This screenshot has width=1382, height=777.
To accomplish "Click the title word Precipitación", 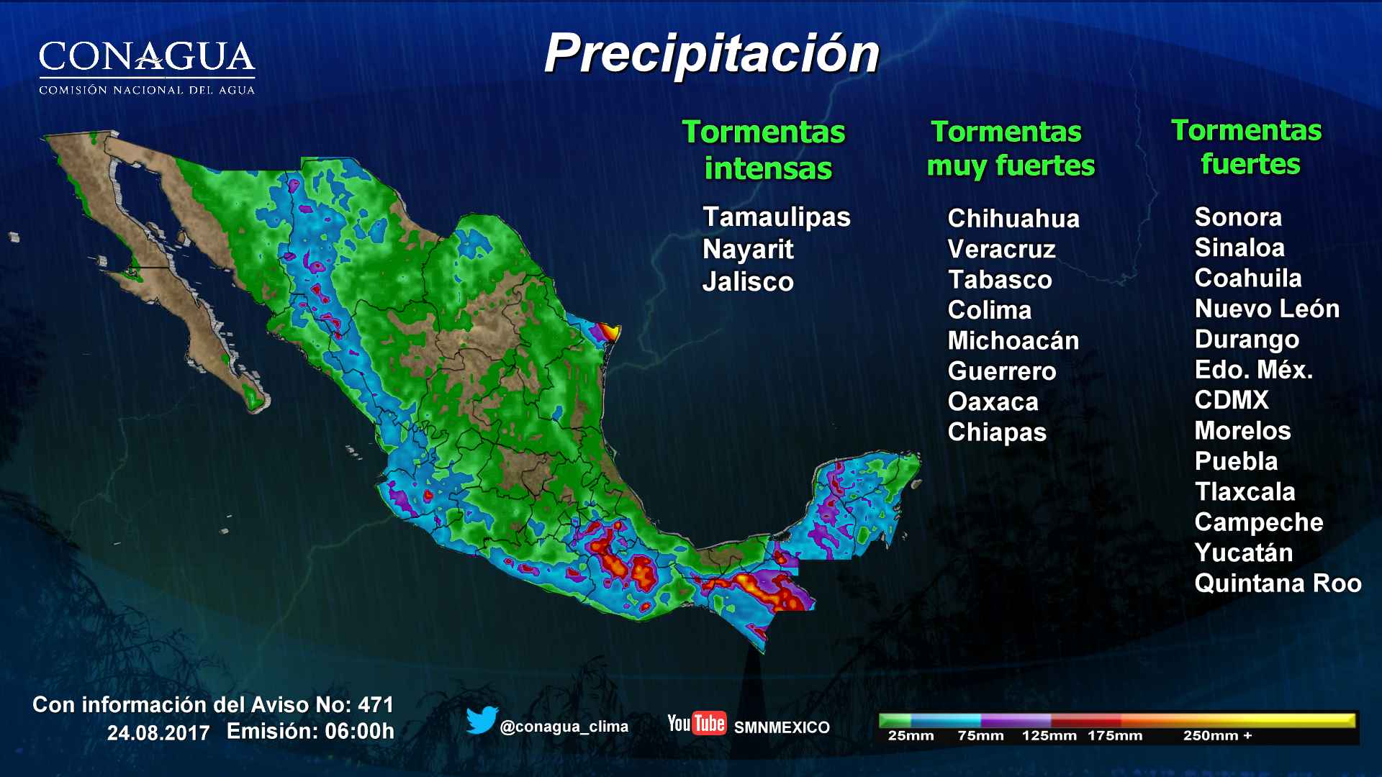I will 711,55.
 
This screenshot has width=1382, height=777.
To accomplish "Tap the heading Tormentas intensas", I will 764,150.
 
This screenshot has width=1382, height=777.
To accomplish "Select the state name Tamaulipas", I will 776,217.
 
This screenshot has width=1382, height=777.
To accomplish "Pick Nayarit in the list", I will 748,249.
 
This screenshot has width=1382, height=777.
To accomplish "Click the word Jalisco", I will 748,281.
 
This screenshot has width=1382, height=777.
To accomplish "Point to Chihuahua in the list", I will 1013,218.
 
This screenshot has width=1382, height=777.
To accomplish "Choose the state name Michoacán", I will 1013,340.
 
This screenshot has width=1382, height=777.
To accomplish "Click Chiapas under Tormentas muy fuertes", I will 997,432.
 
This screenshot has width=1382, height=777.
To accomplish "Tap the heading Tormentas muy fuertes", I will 1009,148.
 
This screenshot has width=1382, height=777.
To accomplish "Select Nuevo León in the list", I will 1267,309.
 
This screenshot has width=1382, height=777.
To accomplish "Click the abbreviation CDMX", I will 1232,400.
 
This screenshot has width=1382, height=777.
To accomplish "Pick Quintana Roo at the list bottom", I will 1278,583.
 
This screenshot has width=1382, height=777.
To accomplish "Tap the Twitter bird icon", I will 482,720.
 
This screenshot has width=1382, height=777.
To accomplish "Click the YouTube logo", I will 696,723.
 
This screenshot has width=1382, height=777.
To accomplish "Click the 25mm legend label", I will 911,736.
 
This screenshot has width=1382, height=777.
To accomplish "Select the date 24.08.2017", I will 158,733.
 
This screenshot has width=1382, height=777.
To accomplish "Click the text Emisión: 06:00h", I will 310,732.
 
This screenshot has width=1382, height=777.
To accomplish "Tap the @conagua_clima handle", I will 564,727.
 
